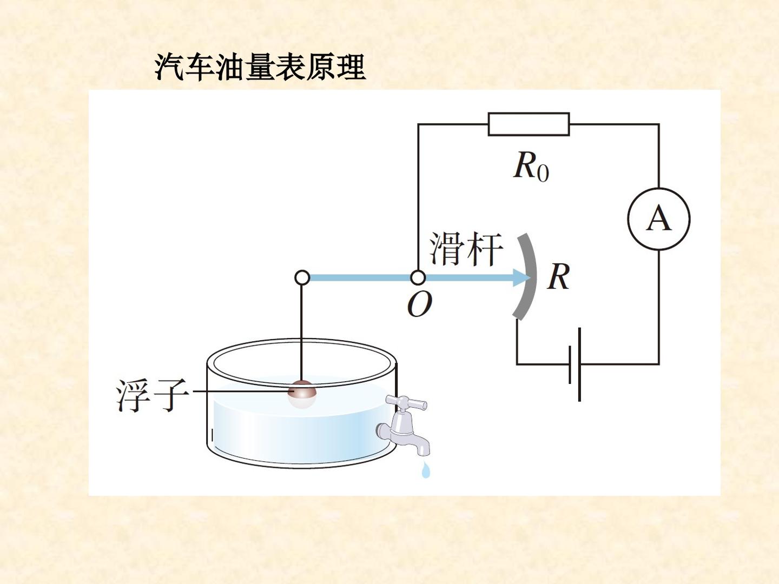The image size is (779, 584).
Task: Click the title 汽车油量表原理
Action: pos(260,68)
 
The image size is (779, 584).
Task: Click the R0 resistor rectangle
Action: pos(529,124)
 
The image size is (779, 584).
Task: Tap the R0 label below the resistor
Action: pos(531,167)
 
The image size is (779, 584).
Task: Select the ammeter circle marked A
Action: pos(659,219)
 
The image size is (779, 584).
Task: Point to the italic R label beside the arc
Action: pos(558,276)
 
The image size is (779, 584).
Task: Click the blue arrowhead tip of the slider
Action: pos(531,277)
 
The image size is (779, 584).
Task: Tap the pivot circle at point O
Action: pos(418,277)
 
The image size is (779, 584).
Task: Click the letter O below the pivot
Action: pos(419,304)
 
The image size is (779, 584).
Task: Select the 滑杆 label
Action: pos(466,249)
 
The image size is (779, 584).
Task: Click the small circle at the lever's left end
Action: pos(302,277)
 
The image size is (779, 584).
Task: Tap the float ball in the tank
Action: pos(302,394)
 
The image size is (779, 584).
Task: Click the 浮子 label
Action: pos(152,395)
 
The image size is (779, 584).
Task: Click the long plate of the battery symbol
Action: pos(579,364)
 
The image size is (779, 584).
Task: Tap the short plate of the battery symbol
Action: pos(570,364)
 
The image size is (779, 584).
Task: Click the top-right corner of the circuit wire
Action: pos(659,124)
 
